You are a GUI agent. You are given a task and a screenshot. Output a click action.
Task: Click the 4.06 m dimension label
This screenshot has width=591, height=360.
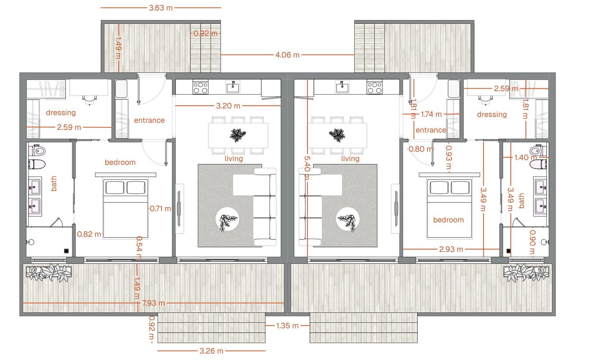click(x=287, y=55)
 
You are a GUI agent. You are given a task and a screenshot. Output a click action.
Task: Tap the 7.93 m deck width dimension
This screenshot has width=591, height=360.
click(x=153, y=303)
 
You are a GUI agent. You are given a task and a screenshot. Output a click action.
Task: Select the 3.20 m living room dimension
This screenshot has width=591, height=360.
click(x=228, y=106)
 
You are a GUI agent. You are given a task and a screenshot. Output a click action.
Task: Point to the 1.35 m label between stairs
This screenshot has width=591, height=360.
click(x=287, y=326)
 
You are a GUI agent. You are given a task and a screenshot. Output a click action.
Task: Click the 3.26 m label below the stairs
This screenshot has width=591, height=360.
click(x=211, y=351)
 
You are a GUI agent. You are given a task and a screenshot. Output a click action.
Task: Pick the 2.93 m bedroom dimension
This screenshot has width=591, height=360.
click(x=451, y=249)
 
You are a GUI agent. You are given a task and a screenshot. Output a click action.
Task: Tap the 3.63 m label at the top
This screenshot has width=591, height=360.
click(x=160, y=8)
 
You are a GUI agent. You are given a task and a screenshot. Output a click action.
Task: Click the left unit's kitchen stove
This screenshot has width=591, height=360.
click(x=200, y=87)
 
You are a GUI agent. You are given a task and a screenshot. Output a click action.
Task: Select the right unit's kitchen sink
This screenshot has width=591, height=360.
click(x=342, y=87)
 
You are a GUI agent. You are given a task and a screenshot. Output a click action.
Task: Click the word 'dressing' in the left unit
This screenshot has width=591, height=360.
click(x=61, y=113)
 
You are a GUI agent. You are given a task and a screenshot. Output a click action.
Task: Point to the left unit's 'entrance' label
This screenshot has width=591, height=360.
click(x=149, y=121)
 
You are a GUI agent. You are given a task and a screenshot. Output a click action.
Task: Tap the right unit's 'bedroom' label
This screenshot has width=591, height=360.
click(x=448, y=220)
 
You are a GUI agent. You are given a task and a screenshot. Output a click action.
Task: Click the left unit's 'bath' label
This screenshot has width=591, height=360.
click(x=54, y=184)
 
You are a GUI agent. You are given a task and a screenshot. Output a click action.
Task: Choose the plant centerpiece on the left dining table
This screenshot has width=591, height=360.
click(x=238, y=135)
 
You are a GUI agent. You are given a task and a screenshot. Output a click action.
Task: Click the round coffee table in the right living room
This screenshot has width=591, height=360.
click(x=348, y=219)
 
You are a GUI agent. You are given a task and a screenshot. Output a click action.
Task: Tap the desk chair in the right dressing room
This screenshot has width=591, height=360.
click(x=485, y=99)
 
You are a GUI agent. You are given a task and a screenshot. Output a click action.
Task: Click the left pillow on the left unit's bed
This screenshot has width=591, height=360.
click(x=115, y=187)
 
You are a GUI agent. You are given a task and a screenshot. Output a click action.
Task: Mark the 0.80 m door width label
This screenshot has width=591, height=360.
click(x=420, y=149)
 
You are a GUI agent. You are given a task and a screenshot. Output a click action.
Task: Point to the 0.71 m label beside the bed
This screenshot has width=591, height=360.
click(x=160, y=209)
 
